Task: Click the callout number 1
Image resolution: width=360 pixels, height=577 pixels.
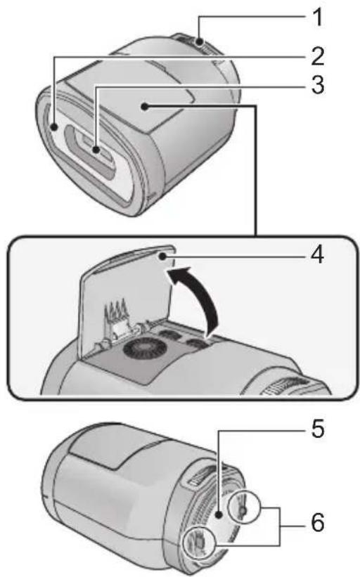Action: click(x=316, y=17)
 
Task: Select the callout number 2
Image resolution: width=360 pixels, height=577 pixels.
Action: click(x=317, y=56)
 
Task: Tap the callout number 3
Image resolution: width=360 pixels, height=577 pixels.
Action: click(x=317, y=85)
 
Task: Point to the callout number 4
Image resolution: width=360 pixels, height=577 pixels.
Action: click(x=317, y=254)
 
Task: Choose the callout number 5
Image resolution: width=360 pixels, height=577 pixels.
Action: click(x=318, y=429)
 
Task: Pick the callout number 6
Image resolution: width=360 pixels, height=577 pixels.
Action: click(x=318, y=523)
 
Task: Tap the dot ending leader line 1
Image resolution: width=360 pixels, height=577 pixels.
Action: click(x=200, y=42)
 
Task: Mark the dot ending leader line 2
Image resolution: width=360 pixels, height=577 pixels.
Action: click(x=54, y=127)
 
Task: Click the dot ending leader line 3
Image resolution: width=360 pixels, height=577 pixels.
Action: click(x=96, y=150)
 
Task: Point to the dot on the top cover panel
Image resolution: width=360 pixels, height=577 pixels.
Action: click(x=146, y=107)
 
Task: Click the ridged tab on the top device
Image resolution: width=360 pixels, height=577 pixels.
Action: click(x=199, y=44)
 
